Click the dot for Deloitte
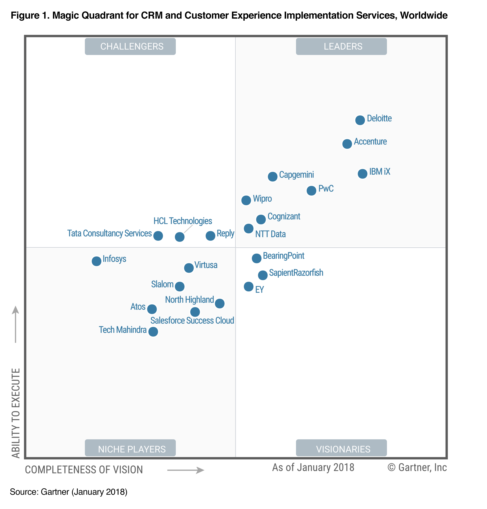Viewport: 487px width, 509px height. click(x=360, y=120)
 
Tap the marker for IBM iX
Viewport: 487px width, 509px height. click(x=362, y=173)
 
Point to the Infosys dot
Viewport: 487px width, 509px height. click(x=97, y=261)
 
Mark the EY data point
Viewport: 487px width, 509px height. click(x=248, y=286)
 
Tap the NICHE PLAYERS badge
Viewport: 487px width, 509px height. click(x=130, y=449)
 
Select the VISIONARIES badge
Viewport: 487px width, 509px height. click(x=341, y=449)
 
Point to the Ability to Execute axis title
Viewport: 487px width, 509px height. click(x=16, y=413)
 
